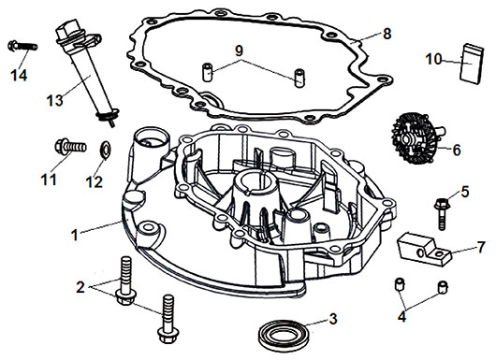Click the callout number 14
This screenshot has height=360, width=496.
(19, 75)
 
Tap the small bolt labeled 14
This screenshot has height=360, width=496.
(22, 46)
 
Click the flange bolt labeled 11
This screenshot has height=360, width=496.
(70, 148)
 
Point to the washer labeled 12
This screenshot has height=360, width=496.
(105, 148)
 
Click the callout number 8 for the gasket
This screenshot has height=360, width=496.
(387, 34)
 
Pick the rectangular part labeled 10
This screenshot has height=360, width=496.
(472, 64)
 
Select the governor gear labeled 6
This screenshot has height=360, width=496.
(416, 139)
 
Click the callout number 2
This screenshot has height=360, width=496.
(80, 287)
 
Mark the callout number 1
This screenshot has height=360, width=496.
(75, 235)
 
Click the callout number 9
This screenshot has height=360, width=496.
(239, 50)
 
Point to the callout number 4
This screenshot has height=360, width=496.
(401, 316)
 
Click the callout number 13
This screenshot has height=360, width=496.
(55, 100)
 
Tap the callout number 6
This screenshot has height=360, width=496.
(457, 151)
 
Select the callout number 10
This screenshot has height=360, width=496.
(433, 59)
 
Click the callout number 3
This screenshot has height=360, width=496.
(333, 319)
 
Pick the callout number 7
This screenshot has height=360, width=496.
(481, 247)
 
